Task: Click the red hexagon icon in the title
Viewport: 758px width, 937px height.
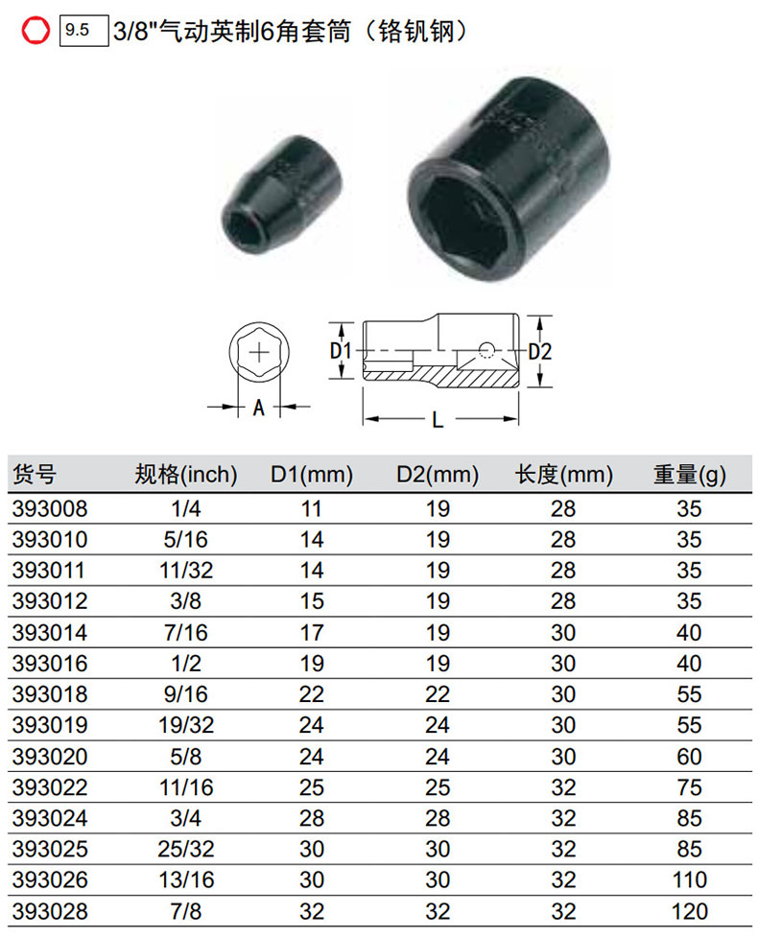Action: coord(36,30)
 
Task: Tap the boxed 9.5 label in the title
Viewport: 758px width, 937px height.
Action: coord(83,31)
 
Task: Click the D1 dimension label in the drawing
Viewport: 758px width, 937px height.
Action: coord(341,351)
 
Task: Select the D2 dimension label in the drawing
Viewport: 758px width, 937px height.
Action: coord(540,351)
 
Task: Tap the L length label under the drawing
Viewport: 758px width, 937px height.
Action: coord(438,419)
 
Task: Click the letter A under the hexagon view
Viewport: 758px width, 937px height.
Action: coord(258,408)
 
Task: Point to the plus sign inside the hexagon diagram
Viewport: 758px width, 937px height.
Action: coord(259,353)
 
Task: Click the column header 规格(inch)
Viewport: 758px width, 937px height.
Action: coord(186,475)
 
